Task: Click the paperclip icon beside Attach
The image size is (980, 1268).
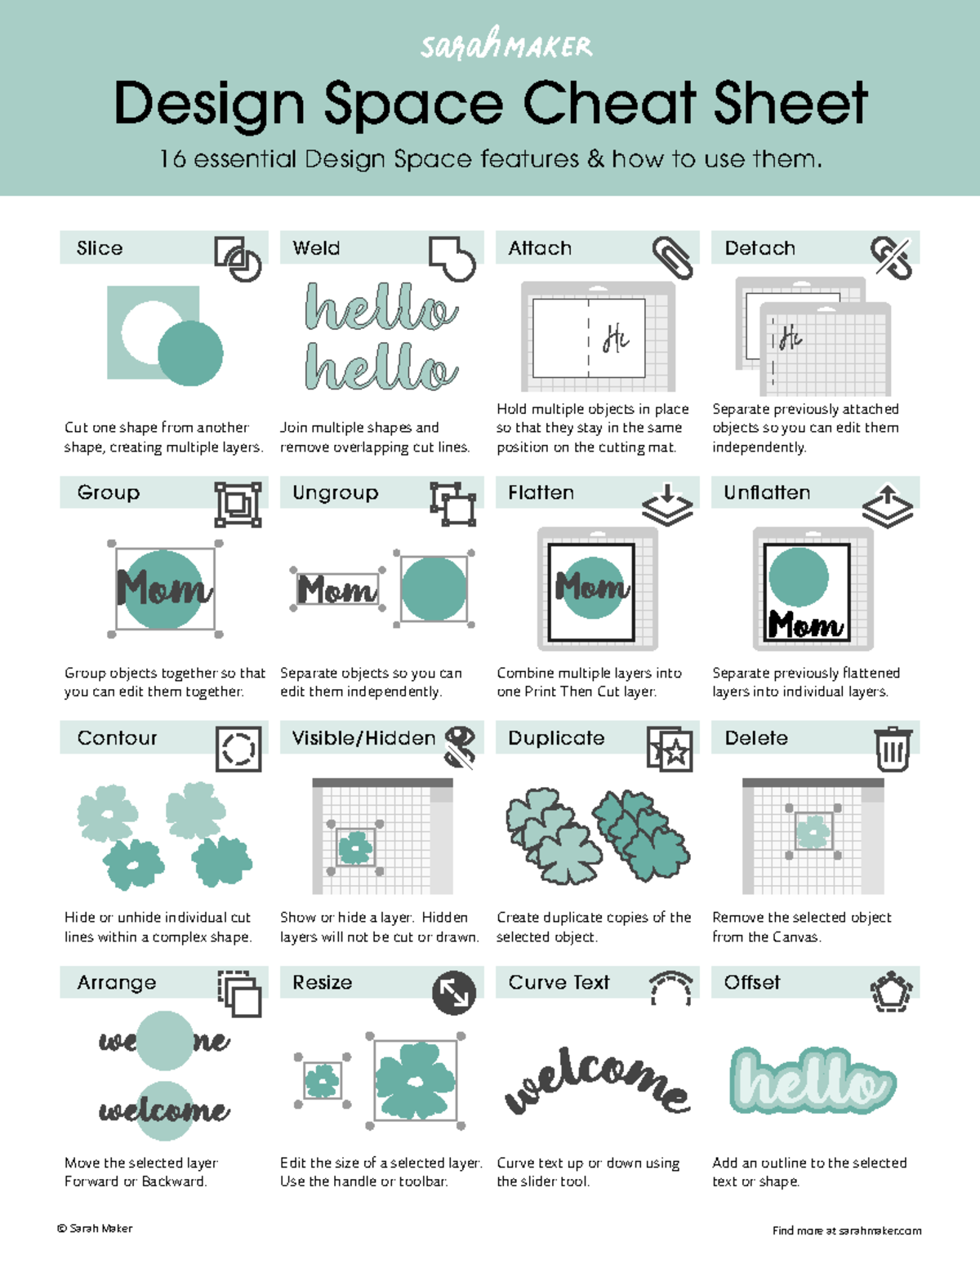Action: [672, 257]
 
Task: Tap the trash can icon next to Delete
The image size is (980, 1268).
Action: [893, 749]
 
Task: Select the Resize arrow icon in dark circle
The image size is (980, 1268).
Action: [454, 993]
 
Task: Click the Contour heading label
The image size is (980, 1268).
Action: [117, 738]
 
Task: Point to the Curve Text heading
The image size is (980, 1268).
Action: [559, 982]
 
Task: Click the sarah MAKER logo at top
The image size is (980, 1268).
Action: [506, 44]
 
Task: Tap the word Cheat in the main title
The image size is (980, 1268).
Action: [609, 104]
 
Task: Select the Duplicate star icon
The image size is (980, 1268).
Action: [670, 749]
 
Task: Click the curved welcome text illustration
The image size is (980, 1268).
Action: [597, 1079]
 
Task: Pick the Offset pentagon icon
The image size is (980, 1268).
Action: [891, 992]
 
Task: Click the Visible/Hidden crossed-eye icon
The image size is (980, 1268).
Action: [461, 746]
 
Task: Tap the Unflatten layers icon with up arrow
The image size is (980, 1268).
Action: [887, 506]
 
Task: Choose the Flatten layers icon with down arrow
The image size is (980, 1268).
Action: [667, 505]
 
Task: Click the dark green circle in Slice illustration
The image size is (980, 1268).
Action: [190, 353]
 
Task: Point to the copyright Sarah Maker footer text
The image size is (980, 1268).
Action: [95, 1228]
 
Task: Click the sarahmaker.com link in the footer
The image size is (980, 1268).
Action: [880, 1230]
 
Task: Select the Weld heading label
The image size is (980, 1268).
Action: [316, 248]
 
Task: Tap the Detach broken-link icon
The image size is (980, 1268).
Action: [891, 258]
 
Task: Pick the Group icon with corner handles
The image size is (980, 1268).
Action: [238, 504]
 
